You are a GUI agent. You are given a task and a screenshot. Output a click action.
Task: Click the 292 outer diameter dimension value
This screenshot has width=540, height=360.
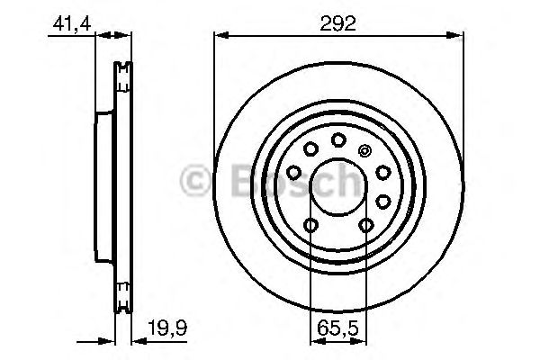tap(338, 22)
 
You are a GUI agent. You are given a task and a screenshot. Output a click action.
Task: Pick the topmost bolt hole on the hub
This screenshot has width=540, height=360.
tap(338, 139)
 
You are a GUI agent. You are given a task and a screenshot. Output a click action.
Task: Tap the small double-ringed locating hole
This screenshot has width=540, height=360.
tap(364, 150)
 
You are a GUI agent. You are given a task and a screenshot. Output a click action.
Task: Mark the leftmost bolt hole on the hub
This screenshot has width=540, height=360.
tap(294, 172)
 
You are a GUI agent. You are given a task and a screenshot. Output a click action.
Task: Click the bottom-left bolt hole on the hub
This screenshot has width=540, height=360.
tap(310, 225)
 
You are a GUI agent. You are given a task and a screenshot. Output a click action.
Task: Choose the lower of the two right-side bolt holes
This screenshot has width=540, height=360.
tap(384, 200)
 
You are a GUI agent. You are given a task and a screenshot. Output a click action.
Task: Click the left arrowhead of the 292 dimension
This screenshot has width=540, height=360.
tap(219, 36)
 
